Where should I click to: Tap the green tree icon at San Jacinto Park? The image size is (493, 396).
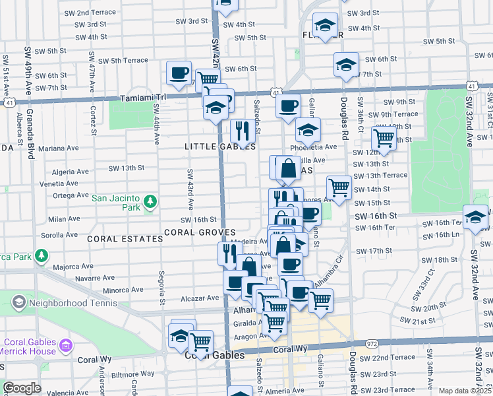150,201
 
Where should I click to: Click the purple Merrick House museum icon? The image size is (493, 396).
65,345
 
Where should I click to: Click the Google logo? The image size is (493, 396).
22,388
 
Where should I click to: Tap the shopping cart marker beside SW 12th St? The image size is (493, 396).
384,138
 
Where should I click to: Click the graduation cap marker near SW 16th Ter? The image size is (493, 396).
475,217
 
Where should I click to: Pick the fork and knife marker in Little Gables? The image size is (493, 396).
241,131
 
